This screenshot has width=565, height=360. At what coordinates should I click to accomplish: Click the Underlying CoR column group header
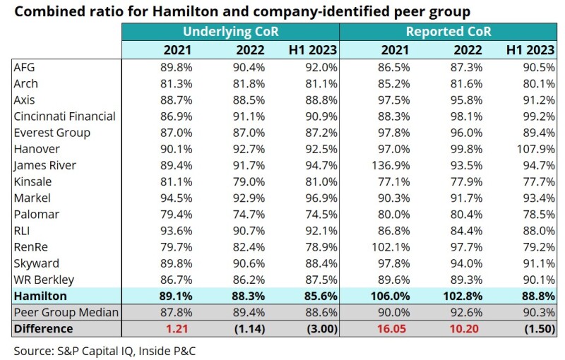[x=230, y=32]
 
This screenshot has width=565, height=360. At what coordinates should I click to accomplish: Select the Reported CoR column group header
[x=448, y=32]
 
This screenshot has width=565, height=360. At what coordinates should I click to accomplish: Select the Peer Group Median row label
[x=66, y=312]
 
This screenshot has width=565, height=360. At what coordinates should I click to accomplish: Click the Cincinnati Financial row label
[x=64, y=116]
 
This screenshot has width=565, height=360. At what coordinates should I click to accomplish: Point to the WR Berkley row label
[x=44, y=280]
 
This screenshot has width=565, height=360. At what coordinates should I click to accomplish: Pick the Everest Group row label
[x=52, y=133]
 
